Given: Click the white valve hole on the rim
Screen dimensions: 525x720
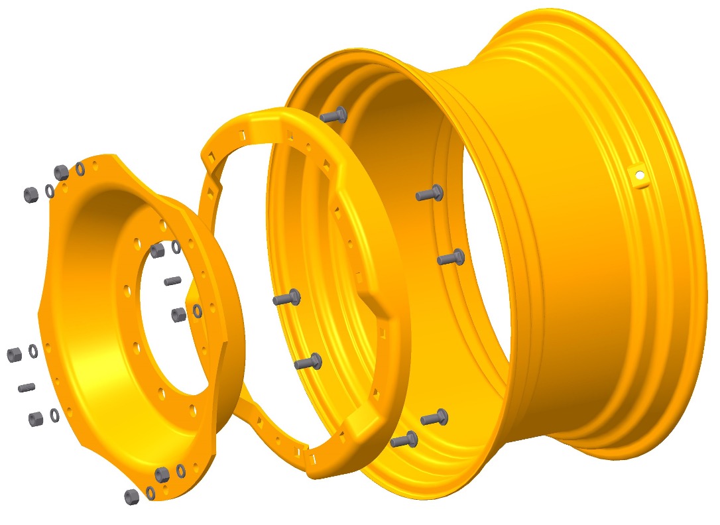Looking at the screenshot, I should tap(640, 176).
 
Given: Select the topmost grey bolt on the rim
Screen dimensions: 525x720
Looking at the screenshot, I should tap(333, 116).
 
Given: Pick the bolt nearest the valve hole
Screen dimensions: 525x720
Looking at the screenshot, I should tap(430, 194).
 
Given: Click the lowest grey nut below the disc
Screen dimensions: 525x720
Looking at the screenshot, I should tap(131, 496).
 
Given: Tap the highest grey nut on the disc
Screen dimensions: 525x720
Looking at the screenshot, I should tap(61, 172).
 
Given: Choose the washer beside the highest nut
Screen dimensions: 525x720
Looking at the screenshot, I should tap(80, 170).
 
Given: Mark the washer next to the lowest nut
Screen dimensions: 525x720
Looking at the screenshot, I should tap(150, 493).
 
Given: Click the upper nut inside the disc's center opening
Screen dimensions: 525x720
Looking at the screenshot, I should tap(157, 251).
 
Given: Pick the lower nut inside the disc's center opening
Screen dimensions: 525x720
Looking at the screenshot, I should tap(178, 315).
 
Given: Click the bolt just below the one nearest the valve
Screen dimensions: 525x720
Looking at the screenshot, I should tap(451, 258).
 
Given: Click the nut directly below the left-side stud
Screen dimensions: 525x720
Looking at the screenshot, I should tap(36, 419).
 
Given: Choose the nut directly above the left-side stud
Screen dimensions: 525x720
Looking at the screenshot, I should tap(14, 355).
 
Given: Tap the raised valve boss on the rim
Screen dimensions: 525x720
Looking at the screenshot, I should tap(638, 176).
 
